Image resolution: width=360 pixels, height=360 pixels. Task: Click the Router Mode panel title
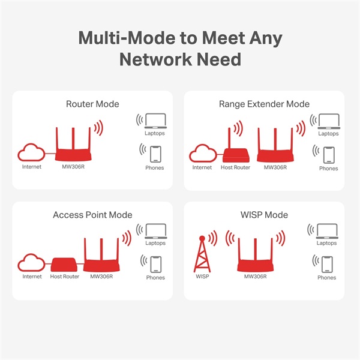(92, 104)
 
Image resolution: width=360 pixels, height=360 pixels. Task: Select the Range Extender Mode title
(264, 104)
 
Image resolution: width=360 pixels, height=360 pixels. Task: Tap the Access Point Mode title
(92, 215)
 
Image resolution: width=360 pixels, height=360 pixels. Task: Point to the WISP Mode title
(264, 215)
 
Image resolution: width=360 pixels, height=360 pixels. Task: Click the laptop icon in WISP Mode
(327, 231)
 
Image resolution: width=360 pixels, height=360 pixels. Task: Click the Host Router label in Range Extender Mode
(235, 167)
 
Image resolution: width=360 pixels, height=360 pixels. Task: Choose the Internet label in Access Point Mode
(32, 277)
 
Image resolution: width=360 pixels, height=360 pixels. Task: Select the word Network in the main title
(158, 59)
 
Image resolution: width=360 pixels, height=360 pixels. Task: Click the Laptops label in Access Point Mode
(155, 244)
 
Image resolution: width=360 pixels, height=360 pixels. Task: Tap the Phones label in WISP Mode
(327, 278)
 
